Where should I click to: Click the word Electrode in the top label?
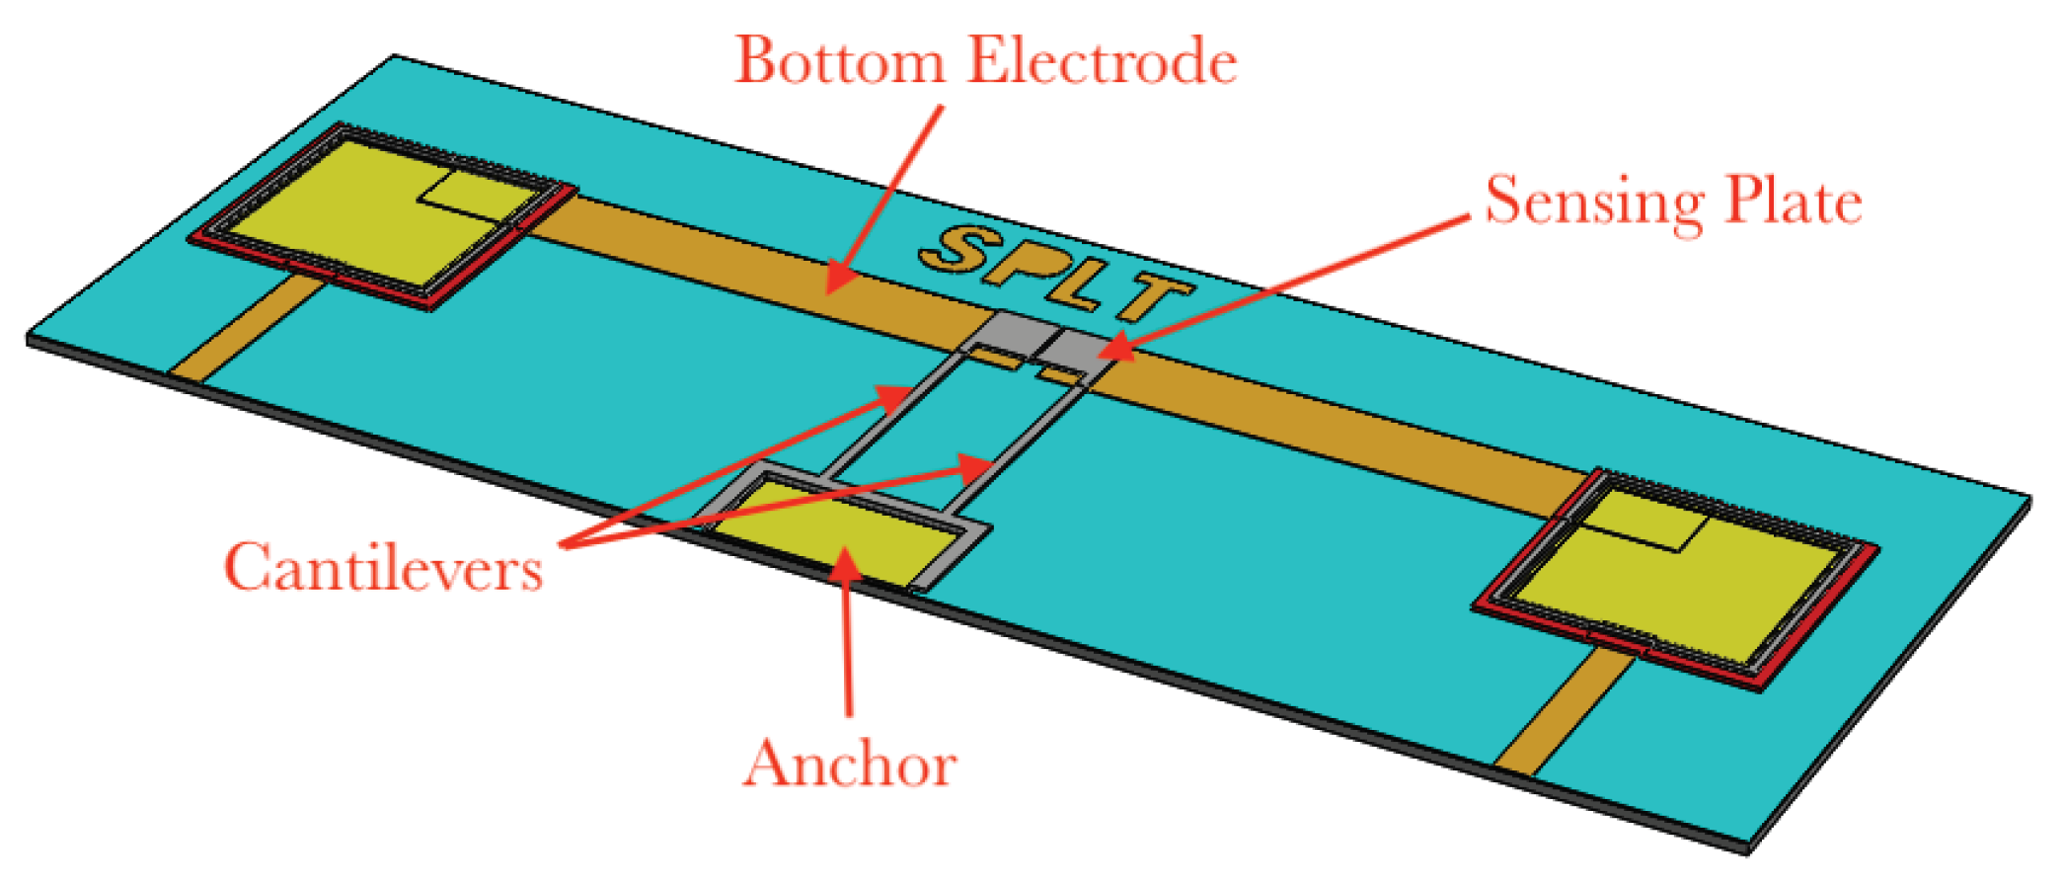coord(1102,61)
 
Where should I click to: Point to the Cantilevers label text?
coord(383,568)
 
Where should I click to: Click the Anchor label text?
coord(850,764)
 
